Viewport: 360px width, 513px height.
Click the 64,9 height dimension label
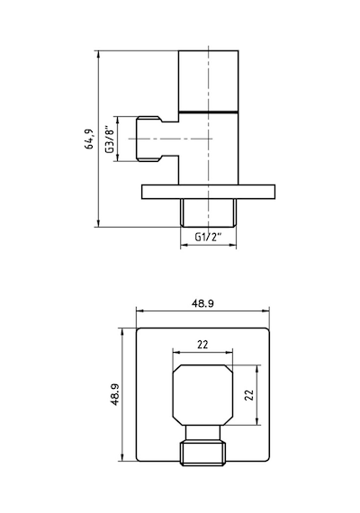89,139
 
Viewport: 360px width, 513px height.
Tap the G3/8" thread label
110,139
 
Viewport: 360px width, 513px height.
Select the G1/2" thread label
208,237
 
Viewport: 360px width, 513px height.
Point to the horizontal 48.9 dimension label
202,303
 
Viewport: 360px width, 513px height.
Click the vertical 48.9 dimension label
115,394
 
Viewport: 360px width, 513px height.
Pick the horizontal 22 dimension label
202,345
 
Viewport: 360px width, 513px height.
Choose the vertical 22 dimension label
249,395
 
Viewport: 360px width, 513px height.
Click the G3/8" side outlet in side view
157,139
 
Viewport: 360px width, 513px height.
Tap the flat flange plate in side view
208,192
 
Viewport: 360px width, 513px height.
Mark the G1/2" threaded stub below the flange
208,213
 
